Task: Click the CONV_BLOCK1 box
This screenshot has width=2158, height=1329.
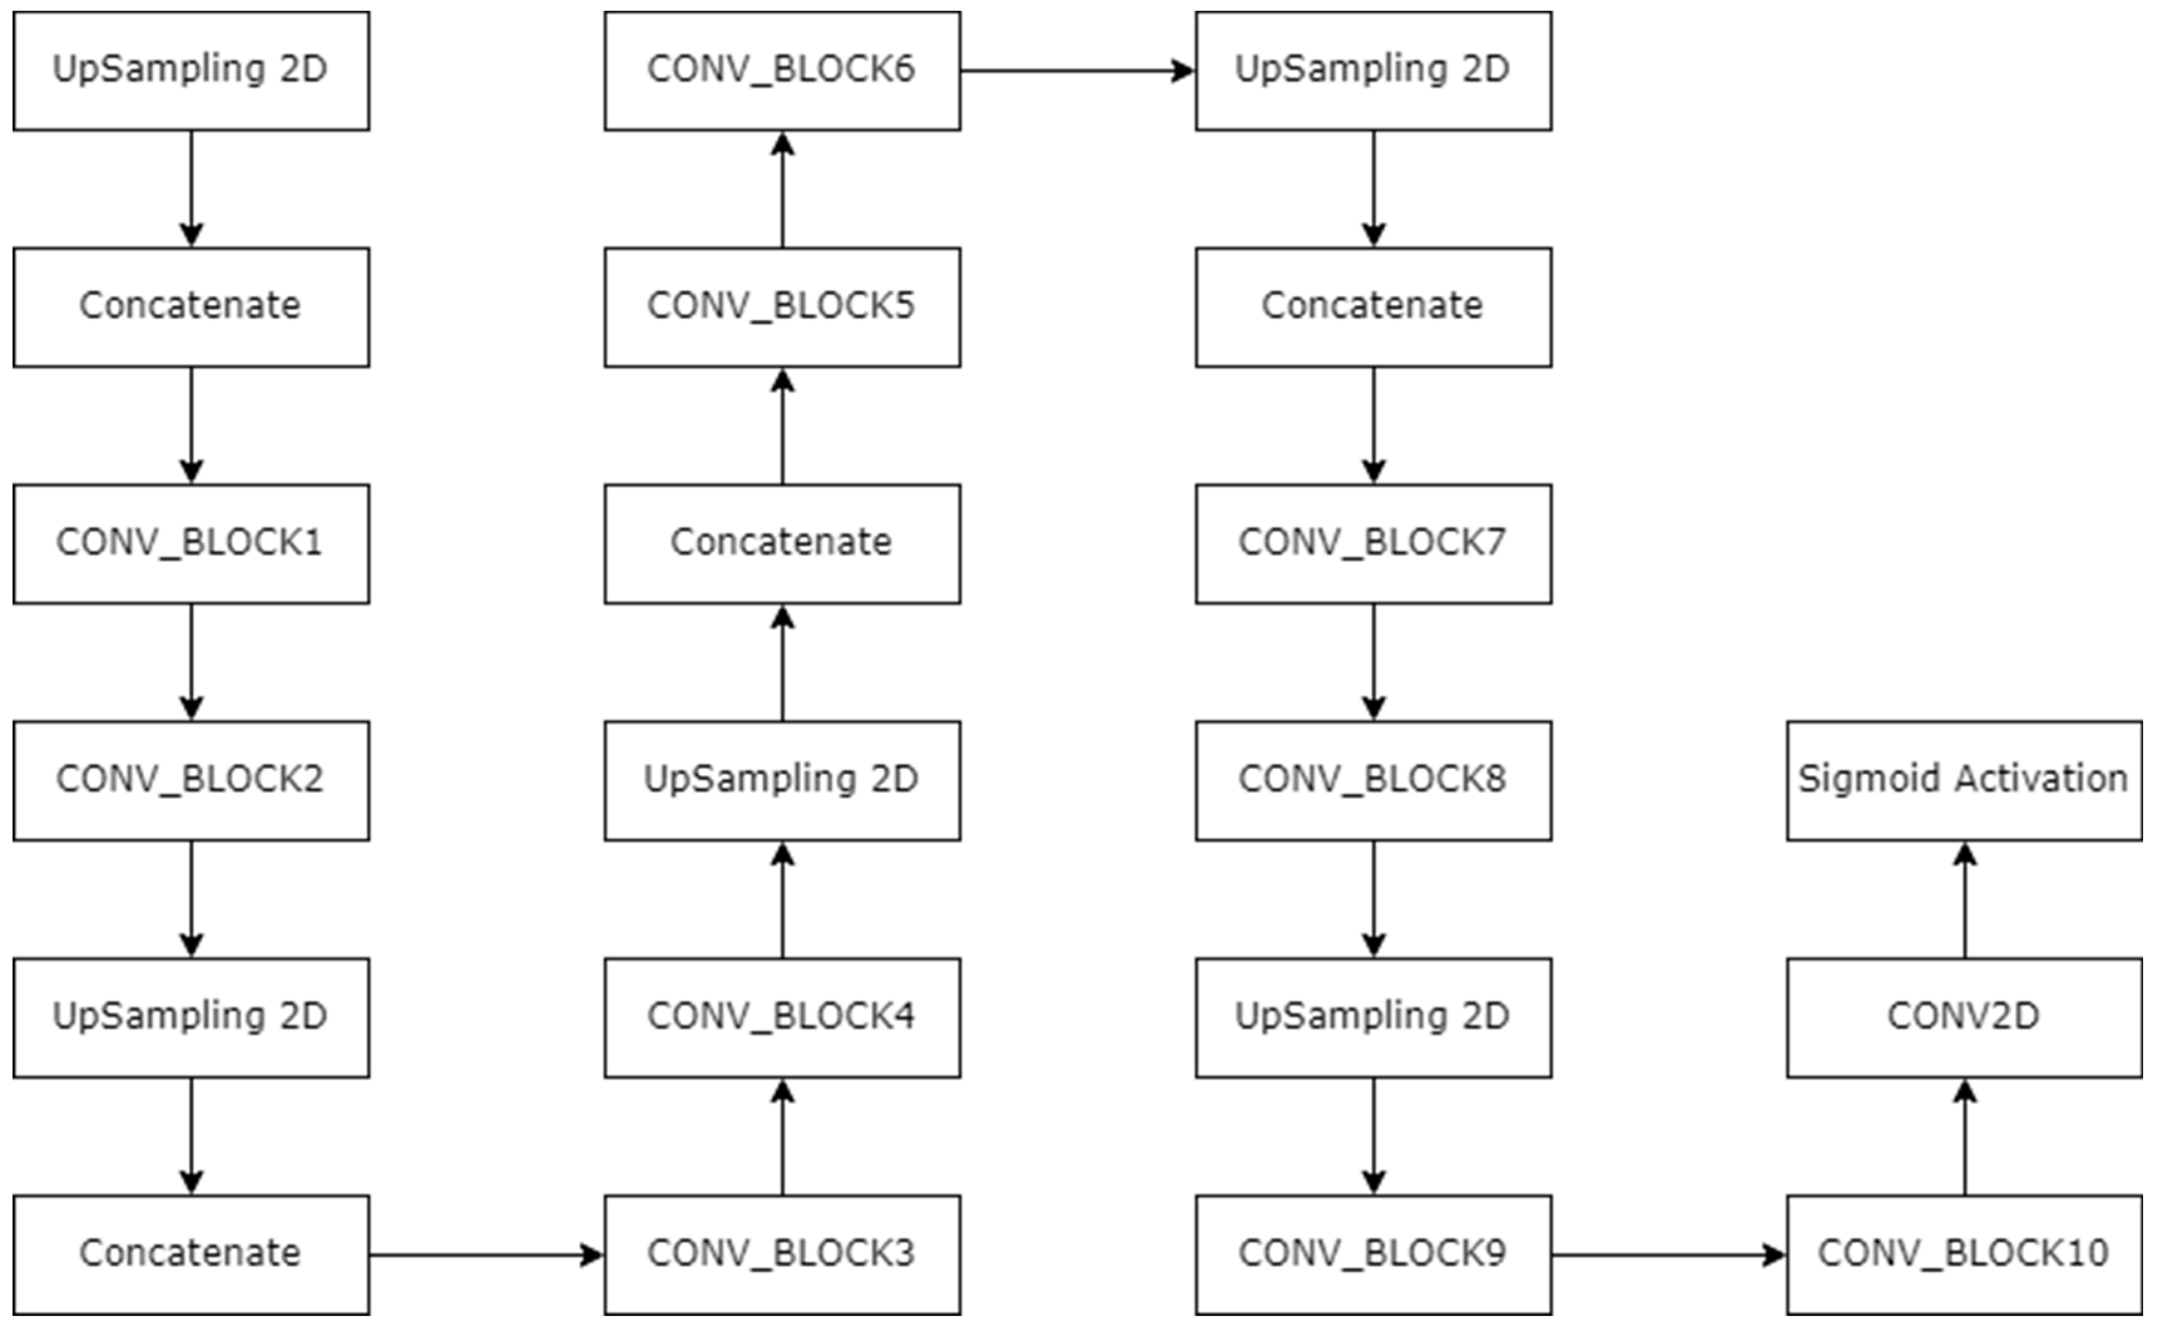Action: tap(190, 543)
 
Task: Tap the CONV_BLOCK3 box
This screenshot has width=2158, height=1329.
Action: tap(783, 1254)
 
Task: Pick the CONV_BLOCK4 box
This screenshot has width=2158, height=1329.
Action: tap(783, 1017)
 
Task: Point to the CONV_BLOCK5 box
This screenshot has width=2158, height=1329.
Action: tap(783, 307)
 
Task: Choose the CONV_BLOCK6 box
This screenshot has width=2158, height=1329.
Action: tap(783, 70)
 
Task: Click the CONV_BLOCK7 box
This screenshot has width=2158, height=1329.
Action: tap(1373, 543)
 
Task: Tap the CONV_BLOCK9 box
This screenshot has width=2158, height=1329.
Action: tap(1373, 1254)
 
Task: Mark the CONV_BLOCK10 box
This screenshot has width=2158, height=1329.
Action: tap(1964, 1254)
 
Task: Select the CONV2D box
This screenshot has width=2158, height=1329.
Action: tap(1964, 1017)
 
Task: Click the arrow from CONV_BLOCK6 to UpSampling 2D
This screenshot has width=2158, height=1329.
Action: tap(1076, 70)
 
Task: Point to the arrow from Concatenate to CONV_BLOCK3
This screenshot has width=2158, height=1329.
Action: tap(486, 1254)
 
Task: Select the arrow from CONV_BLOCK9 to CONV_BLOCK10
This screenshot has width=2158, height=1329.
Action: tap(1667, 1254)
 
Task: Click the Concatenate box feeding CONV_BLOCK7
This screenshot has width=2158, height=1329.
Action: tap(1373, 307)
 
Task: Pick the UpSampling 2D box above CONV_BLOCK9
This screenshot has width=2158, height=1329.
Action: tap(1373, 1017)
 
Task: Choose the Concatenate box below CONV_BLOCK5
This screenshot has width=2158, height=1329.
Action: tap(783, 543)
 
